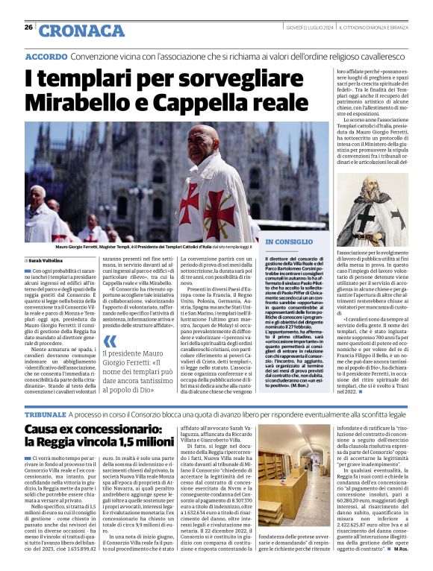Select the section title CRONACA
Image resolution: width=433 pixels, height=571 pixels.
pos(72,31)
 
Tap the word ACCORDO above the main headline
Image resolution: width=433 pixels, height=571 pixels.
pos(47,57)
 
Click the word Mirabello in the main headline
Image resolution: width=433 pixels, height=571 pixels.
pos(83,102)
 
